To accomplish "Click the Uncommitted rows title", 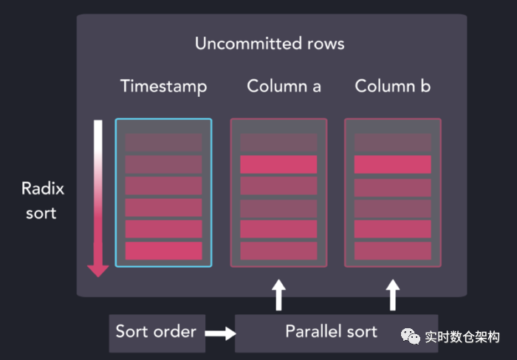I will [270, 44].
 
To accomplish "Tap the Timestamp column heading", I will [163, 86].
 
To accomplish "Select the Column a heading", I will [284, 86].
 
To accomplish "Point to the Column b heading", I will [392, 86].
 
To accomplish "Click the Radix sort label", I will [43, 200].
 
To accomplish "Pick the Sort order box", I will [155, 330].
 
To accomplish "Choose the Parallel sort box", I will [332, 331].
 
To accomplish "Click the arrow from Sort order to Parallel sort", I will [218, 333].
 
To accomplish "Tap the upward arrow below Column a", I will [278, 293].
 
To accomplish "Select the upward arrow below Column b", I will [392, 293].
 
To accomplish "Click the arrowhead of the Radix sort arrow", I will [97, 270].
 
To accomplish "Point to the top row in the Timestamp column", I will [163, 143].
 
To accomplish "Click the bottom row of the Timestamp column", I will [163, 251].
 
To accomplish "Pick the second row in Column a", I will [278, 164].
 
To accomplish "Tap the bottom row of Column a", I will [278, 251].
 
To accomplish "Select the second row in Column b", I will [392, 164].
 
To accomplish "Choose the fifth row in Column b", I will [392, 229].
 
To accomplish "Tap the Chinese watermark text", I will [462, 337].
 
